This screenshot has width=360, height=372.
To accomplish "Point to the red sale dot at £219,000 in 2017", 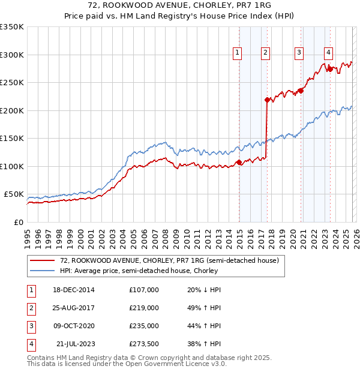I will [267, 100].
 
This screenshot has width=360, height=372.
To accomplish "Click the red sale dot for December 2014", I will [239, 162].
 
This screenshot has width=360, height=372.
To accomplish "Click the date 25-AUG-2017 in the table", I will [74, 307].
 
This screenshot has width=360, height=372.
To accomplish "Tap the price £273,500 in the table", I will [144, 344].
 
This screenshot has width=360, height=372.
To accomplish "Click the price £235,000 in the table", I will [144, 326].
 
